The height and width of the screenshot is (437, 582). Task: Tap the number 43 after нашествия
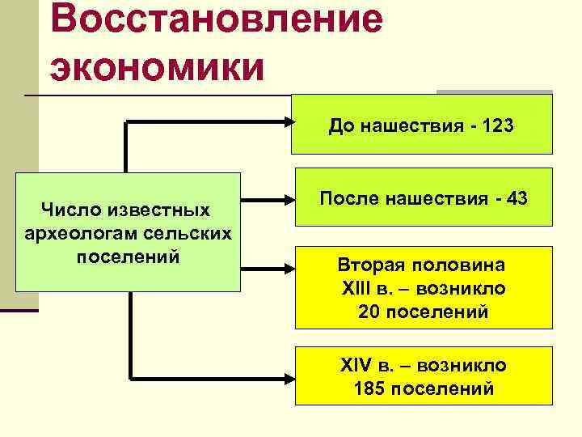click(514, 197)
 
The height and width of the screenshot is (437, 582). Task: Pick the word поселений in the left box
click(126, 256)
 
